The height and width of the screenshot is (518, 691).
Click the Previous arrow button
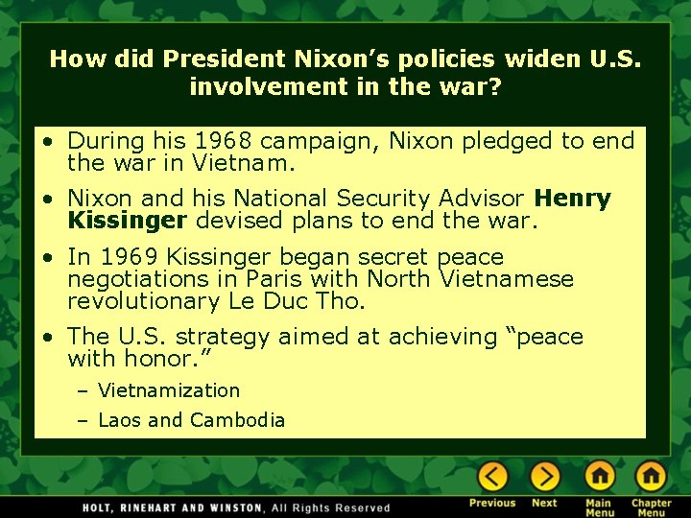pyautogui.click(x=493, y=476)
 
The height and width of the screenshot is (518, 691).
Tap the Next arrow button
pyautogui.click(x=544, y=476)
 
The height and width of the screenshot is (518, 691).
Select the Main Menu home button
pyautogui.click(x=600, y=476)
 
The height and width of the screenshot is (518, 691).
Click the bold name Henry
pyautogui.click(x=572, y=199)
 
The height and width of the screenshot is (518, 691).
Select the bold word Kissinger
pyautogui.click(x=128, y=221)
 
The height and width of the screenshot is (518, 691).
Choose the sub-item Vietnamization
pyautogui.click(x=169, y=390)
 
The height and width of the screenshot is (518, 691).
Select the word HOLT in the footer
pyautogui.click(x=100, y=507)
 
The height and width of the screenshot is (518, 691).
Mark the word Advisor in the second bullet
pyautogui.click(x=477, y=199)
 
